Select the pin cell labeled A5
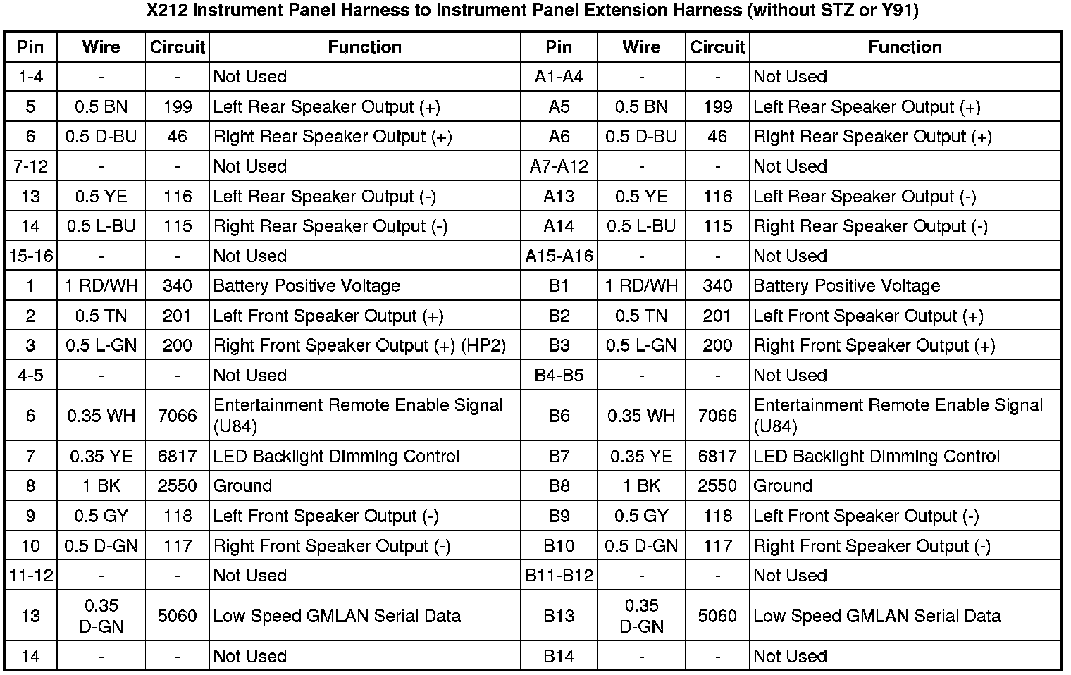(x=559, y=107)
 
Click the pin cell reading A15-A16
(x=559, y=256)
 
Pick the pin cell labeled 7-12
(x=30, y=167)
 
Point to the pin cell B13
(x=559, y=616)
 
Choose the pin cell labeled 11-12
(x=30, y=576)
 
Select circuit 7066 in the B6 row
(x=717, y=416)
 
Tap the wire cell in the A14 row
(x=641, y=226)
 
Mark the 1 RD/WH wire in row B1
(x=641, y=286)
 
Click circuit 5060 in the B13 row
(x=717, y=616)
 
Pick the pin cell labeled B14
(x=559, y=657)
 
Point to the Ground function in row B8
(x=783, y=486)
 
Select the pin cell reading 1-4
(x=30, y=77)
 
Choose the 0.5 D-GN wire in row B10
(x=641, y=546)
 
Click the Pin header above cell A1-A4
(x=559, y=47)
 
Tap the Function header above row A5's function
(x=905, y=47)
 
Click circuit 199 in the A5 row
(x=717, y=107)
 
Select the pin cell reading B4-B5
(x=559, y=376)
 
